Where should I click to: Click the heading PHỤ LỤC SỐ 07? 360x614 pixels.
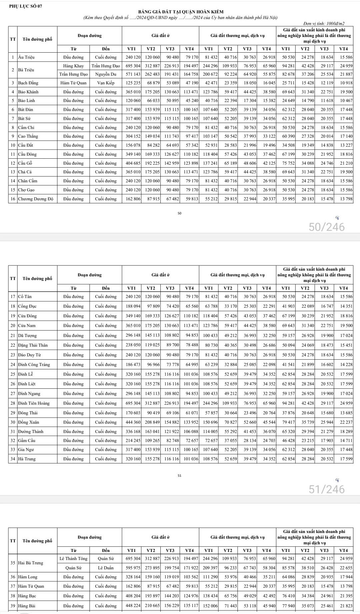pyautogui.click(x=26, y=6)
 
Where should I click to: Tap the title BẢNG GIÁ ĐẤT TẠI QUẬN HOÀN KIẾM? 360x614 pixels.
pyautogui.click(x=180, y=12)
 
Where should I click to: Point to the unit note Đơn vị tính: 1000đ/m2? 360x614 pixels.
pyautogui.click(x=324, y=23)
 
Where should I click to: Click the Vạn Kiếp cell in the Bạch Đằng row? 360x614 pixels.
pyautogui.click(x=106, y=83)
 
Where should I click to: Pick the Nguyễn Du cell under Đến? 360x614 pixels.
pyautogui.click(x=106, y=74)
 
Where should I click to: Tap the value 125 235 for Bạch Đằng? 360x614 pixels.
pyautogui.click(x=133, y=83)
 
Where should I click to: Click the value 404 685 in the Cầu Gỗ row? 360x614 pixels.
pyautogui.click(x=133, y=163)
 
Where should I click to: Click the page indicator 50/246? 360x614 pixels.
pyautogui.click(x=327, y=227)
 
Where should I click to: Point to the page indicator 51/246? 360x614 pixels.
pyautogui.click(x=327, y=489)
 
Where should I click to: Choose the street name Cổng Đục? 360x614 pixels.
pyautogui.click(x=27, y=306)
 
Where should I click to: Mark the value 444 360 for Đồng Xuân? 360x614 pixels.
pyautogui.click(x=133, y=422)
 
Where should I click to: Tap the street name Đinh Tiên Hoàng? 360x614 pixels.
pyautogui.click(x=34, y=403)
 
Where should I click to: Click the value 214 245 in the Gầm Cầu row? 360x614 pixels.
pyautogui.click(x=133, y=440)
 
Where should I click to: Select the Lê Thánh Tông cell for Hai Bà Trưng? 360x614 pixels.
pyautogui.click(x=73, y=559)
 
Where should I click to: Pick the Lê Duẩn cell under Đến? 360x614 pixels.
pyautogui.click(x=106, y=568)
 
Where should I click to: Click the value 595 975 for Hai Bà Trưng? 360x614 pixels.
pyautogui.click(x=133, y=568)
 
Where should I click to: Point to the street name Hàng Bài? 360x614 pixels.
pyautogui.click(x=27, y=606)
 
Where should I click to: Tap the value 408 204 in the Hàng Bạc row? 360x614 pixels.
pyautogui.click(x=133, y=596)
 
